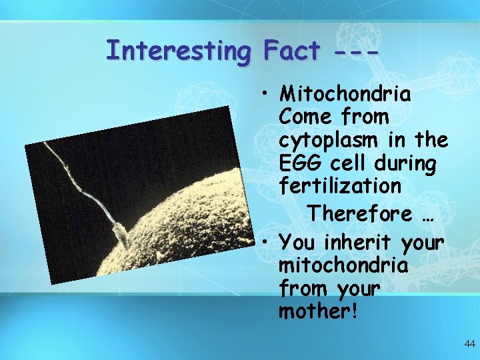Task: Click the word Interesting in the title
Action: [179, 51]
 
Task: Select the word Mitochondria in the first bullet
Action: [345, 93]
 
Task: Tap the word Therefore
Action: [360, 214]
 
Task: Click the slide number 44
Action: [469, 344]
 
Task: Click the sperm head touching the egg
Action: [121, 234]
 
